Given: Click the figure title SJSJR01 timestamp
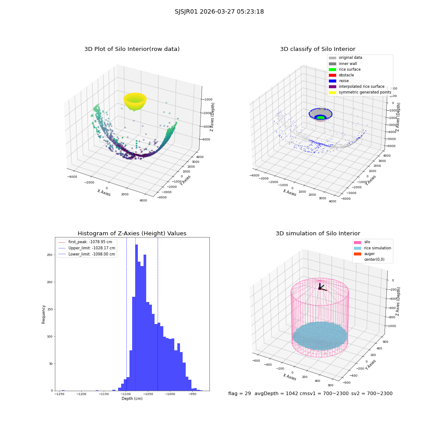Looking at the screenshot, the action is pyautogui.click(x=219, y=12).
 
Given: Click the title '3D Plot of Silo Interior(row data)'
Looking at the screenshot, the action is pyautogui.click(x=132, y=49).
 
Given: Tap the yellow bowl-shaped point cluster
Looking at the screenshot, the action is pyautogui.click(x=135, y=101).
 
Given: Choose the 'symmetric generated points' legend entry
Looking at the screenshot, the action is pyautogui.click(x=360, y=92).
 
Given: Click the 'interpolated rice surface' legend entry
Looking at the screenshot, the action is pyautogui.click(x=356, y=86).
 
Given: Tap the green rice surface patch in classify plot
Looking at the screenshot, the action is pyautogui.click(x=321, y=117).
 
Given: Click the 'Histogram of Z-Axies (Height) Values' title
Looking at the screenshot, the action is pyautogui.click(x=132, y=234).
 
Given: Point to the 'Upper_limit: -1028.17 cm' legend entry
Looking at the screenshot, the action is pyautogui.click(x=87, y=248).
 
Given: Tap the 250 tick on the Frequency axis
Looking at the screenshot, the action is pyautogui.click(x=50, y=255).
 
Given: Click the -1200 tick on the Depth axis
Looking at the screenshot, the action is pyautogui.click(x=82, y=394).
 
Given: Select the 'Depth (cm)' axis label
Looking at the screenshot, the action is pyautogui.click(x=132, y=399).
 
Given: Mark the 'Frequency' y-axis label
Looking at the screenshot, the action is pyautogui.click(x=43, y=314).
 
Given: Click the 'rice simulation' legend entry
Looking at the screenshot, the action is pyautogui.click(x=372, y=248).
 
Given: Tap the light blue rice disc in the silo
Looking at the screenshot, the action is pyautogui.click(x=320, y=336).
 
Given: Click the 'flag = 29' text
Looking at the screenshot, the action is pyautogui.click(x=240, y=394).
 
